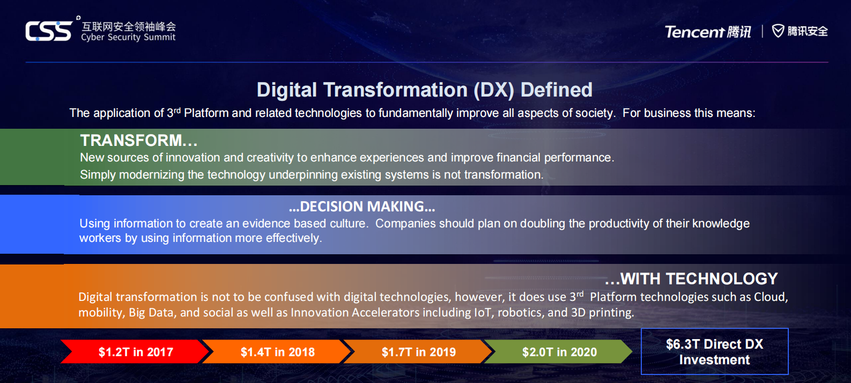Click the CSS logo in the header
[49, 31]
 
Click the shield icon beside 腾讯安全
[778, 31]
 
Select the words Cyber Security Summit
[128, 37]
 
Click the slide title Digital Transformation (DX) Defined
[424, 90]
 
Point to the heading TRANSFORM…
[139, 140]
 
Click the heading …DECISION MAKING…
[361, 207]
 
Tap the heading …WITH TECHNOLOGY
[691, 278]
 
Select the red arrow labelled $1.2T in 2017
[135, 352]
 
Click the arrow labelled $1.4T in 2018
[277, 352]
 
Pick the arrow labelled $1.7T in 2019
[418, 352]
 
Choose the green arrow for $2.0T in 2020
[558, 352]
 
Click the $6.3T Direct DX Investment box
[715, 351]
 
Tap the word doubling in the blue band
[543, 223]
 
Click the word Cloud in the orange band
[771, 297]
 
